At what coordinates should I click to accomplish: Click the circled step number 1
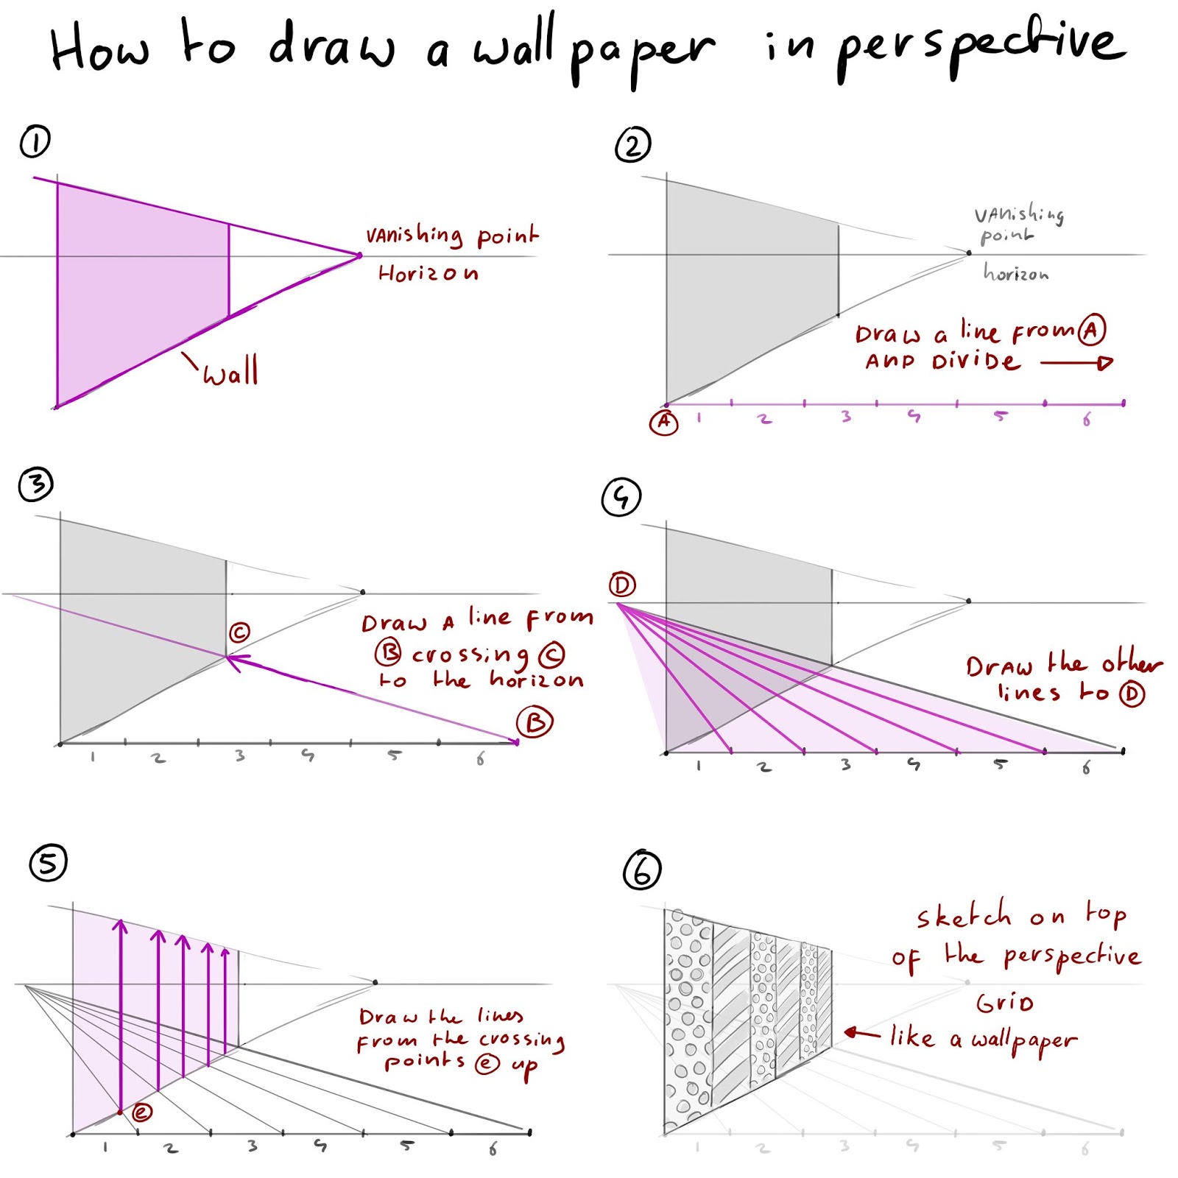point(35,141)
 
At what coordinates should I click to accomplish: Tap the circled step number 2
point(632,145)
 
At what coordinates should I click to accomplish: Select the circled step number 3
point(36,484)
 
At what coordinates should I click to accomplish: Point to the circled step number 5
point(48,863)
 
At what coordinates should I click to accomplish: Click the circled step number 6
point(641,870)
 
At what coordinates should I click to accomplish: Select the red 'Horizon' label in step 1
point(428,274)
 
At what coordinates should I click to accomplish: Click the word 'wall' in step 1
point(230,371)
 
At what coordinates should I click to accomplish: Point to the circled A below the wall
point(663,422)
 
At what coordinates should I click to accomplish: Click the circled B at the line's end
point(535,722)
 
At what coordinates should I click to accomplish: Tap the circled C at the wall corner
point(239,632)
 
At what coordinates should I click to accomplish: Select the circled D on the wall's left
point(622,585)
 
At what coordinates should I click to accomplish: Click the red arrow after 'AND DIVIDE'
point(1076,362)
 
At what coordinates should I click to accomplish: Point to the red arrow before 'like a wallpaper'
point(861,1034)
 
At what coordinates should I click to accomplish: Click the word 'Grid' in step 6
point(1004,1003)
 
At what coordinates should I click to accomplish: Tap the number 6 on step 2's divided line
point(1087,420)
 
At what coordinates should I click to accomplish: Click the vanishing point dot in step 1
point(359,256)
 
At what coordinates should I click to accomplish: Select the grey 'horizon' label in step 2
point(1015,274)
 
